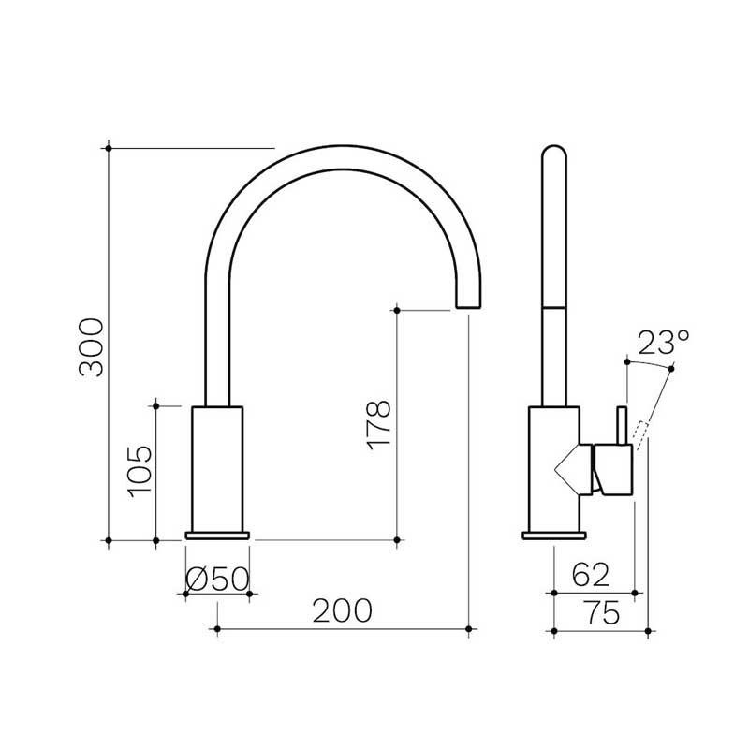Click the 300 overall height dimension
coord(91,346)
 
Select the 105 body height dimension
coord(138,472)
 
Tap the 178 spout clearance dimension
coord(379,426)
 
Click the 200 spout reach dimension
coord(342,610)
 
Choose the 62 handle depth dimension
coord(591,573)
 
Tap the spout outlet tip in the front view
coord(468,302)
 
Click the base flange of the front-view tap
coord(217,536)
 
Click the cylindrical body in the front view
coord(217,468)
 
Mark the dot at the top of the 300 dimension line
coord(110,148)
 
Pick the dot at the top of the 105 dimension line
coord(155,405)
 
